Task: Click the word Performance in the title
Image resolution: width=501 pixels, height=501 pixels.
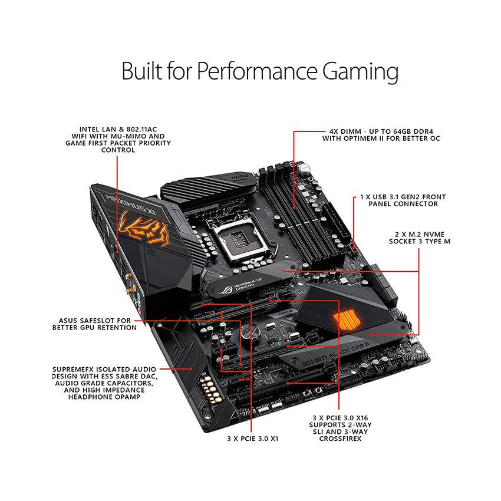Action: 243,72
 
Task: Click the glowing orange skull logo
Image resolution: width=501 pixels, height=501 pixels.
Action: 144,228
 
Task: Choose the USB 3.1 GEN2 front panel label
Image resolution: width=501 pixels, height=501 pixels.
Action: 403,200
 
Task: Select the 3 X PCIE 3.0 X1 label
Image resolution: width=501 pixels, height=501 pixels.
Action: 252,439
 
